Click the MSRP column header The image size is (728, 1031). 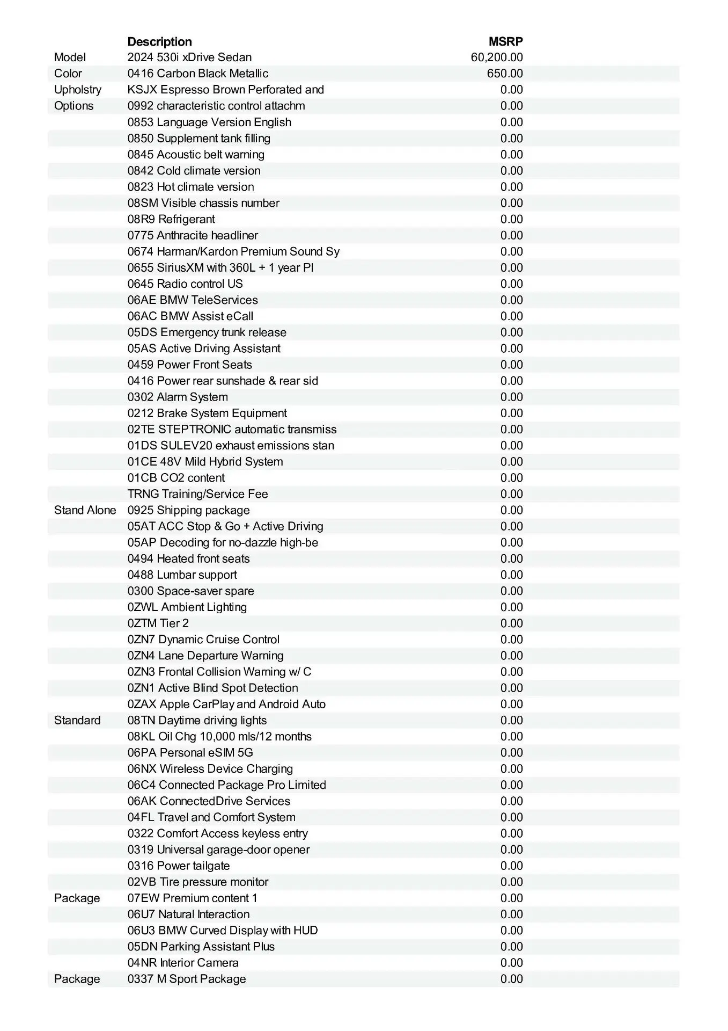pyautogui.click(x=505, y=41)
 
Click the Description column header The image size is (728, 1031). pyautogui.click(x=159, y=41)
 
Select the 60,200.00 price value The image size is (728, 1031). pyautogui.click(x=496, y=57)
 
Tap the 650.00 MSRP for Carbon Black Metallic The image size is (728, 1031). pyautogui.click(x=504, y=74)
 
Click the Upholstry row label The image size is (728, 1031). pyautogui.click(x=77, y=90)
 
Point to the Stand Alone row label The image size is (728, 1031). pyautogui.click(x=85, y=510)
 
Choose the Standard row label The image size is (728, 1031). pyautogui.click(x=77, y=720)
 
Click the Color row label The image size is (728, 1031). pyautogui.click(x=68, y=74)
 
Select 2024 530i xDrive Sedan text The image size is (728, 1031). pyautogui.click(x=189, y=57)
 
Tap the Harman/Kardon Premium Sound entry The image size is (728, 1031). pyautogui.click(x=233, y=251)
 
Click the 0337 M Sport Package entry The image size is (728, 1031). pyautogui.click(x=187, y=979)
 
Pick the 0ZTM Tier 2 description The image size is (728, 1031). pyautogui.click(x=158, y=623)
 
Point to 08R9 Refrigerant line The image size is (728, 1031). pyautogui.click(x=171, y=219)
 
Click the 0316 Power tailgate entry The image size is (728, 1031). pyautogui.click(x=179, y=866)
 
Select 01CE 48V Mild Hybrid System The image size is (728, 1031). pyautogui.click(x=205, y=462)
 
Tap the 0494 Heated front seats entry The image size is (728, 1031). pyautogui.click(x=188, y=558)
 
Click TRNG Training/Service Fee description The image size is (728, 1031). pyautogui.click(x=197, y=494)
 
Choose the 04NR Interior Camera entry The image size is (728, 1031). pyautogui.click(x=183, y=963)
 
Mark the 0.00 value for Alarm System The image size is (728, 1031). pyautogui.click(x=511, y=397)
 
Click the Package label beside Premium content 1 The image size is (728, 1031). pyautogui.click(x=77, y=898)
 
